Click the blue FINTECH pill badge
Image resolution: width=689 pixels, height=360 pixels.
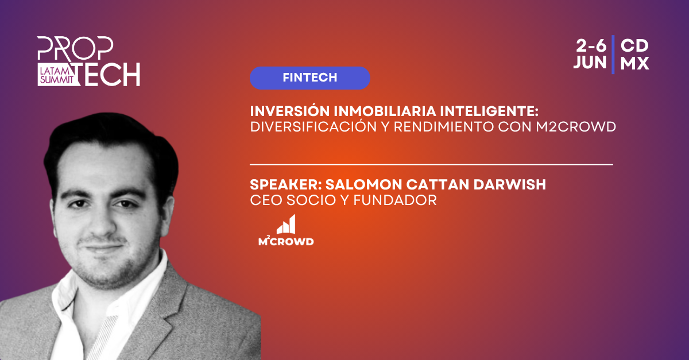tap(309, 78)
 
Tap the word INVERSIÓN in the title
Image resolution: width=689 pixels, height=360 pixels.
tap(290, 111)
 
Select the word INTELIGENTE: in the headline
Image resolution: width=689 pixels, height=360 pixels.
tap(489, 111)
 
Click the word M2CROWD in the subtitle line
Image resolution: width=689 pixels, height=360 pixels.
tap(576, 127)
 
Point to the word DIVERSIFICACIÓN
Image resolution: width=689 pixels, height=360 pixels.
tap(313, 126)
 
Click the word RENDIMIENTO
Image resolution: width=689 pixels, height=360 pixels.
tap(443, 127)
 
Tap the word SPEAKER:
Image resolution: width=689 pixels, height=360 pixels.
tap(286, 185)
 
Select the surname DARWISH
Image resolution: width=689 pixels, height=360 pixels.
tap(510, 185)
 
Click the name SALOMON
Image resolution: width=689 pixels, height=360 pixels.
tap(363, 185)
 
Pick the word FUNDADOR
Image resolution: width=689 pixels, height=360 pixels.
tap(395, 200)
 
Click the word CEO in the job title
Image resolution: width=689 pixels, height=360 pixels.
tap(266, 200)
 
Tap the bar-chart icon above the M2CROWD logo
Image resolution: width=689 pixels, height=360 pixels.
tap(286, 224)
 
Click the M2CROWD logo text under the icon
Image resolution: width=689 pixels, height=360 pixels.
tap(286, 241)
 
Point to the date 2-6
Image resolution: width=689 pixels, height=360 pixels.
tap(591, 46)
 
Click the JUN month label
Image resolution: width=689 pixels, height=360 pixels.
tap(590, 63)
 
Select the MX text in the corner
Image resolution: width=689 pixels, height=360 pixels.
tap(634, 63)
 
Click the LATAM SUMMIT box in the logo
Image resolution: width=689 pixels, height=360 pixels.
tap(57, 75)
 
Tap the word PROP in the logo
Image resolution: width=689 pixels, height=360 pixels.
tap(75, 48)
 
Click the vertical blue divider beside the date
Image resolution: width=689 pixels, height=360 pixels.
tap(613, 55)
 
